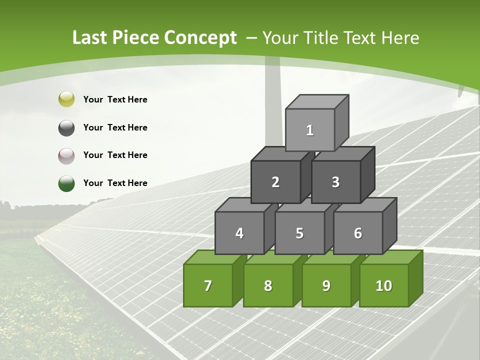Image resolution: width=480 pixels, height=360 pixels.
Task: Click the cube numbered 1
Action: pos(310,130)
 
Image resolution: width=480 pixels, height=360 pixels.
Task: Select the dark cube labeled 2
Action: pos(275,182)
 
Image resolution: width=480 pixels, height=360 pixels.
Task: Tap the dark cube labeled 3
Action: pos(335,182)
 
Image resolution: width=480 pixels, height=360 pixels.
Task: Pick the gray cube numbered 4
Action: pos(239,233)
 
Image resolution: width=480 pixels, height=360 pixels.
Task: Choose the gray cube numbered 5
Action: pos(299,233)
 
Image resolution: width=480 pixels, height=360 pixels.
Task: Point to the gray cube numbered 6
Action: pos(358,233)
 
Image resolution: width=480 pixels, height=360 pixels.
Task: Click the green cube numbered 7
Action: pos(208,285)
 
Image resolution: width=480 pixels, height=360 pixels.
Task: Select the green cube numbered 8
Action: pos(268,285)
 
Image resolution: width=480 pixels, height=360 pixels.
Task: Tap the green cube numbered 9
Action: pos(326,285)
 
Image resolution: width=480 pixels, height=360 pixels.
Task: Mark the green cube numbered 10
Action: pos(384,285)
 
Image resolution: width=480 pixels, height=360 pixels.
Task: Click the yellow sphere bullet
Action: pos(66,99)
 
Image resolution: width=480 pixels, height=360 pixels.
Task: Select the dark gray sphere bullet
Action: pos(66,127)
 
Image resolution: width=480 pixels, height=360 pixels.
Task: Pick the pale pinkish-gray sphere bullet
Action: pos(66,155)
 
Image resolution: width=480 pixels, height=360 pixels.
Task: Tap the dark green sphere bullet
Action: pos(66,183)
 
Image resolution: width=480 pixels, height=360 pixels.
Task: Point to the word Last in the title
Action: pos(90,38)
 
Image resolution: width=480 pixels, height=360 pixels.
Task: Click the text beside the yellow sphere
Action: pos(115,99)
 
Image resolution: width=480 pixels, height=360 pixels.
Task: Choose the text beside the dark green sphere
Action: pos(115,183)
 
